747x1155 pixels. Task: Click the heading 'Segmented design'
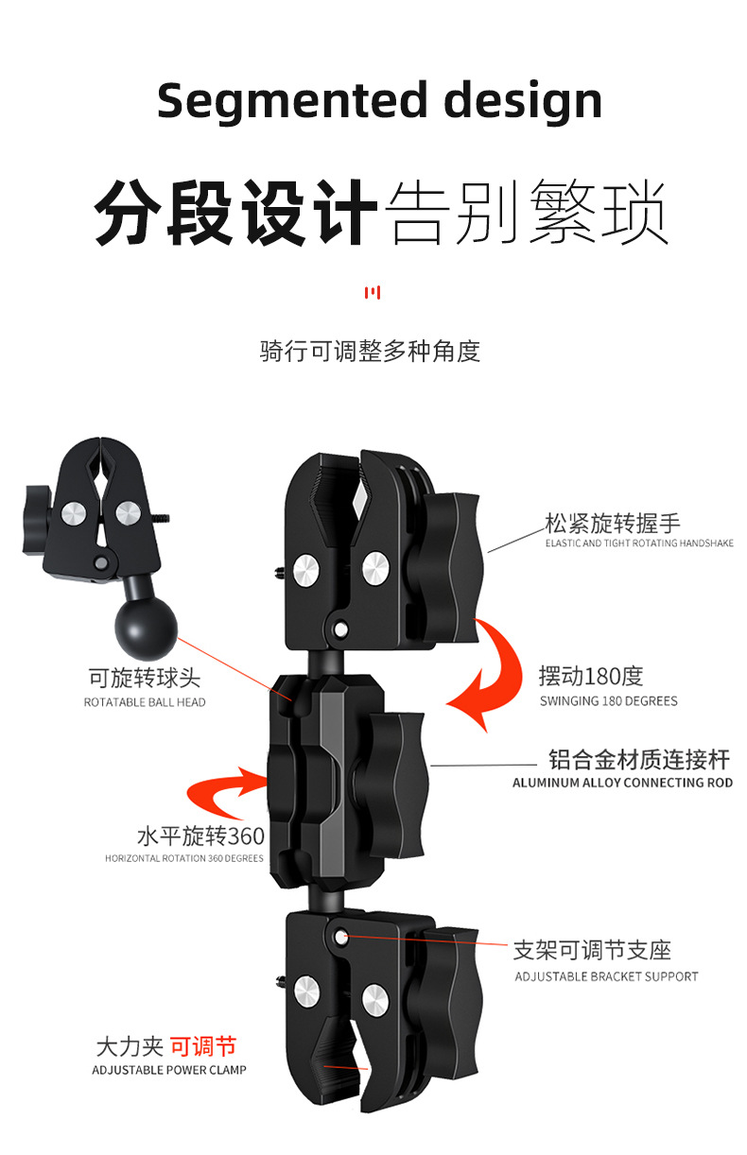[379, 100]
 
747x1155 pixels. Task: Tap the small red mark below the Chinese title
[373, 293]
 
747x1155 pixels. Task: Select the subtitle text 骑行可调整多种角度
[370, 352]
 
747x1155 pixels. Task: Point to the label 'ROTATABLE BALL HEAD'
[145, 702]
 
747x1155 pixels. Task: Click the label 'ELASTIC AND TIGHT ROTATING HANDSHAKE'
[639, 543]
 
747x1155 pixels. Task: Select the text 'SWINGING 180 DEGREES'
[608, 701]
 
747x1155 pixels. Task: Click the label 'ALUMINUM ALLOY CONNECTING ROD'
[622, 783]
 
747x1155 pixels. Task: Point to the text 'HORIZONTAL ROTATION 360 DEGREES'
[183, 858]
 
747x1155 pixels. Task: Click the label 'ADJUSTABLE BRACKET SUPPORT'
[606, 976]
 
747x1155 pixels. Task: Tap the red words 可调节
[203, 1046]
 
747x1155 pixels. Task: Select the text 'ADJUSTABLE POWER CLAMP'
[169, 1070]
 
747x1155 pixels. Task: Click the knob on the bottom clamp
[452, 992]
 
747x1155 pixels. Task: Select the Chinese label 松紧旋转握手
[612, 523]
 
